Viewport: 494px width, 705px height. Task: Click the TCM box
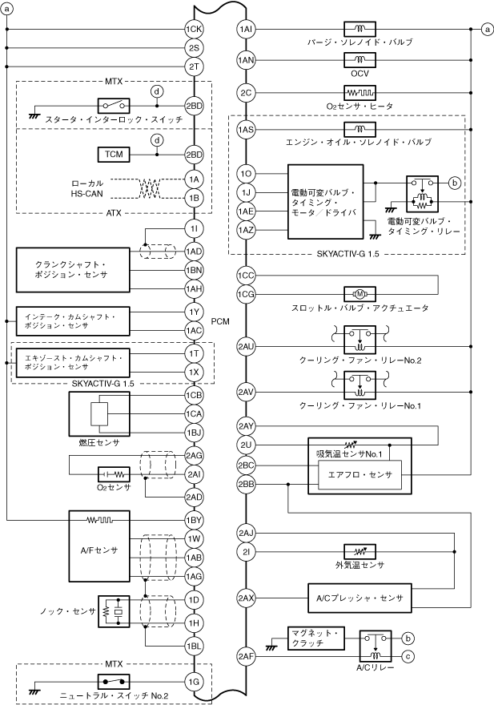(111, 154)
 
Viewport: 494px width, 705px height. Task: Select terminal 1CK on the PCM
(194, 29)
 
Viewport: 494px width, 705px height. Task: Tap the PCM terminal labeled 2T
(194, 66)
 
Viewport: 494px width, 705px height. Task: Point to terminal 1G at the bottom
(194, 682)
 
